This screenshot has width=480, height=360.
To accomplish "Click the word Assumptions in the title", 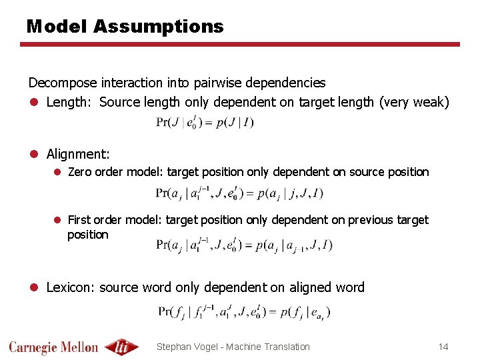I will pos(159,27).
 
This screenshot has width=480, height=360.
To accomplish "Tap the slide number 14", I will pos(443,347).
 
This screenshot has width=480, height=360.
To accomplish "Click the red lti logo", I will pos(123,347).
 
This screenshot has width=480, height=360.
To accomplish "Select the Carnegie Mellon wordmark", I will pos(53,347).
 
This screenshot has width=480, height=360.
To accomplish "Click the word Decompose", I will pos(63,83).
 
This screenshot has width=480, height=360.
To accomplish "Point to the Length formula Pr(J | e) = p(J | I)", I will pos(205,122).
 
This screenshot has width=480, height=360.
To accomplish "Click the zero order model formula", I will pos(239,194).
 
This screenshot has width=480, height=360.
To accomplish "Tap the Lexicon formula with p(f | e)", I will pos(244,311).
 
